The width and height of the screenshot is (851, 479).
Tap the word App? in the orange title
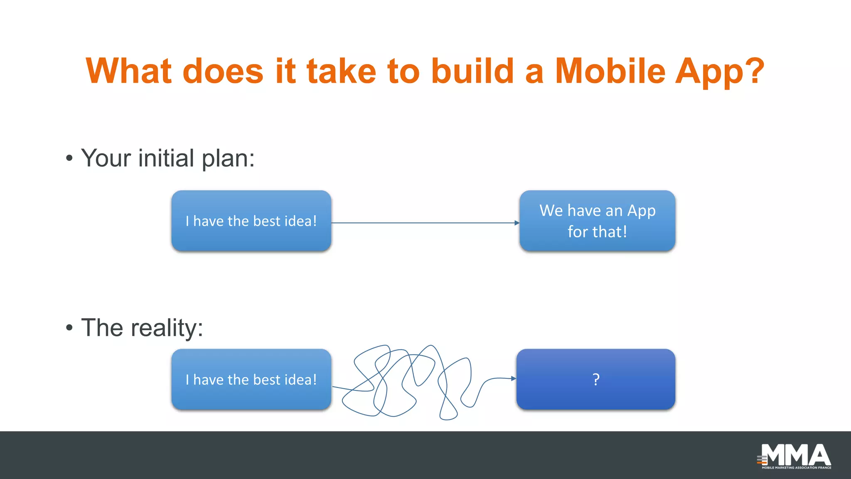pyautogui.click(x=719, y=72)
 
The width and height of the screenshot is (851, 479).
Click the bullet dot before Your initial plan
pyautogui.click(x=69, y=158)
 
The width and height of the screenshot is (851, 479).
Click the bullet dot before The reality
pyautogui.click(x=69, y=328)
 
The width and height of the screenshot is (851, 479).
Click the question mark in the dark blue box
pyautogui.click(x=596, y=379)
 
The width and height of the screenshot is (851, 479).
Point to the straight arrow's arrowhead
pyautogui.click(x=517, y=223)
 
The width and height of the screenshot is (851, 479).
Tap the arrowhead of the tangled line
pyautogui.click(x=514, y=378)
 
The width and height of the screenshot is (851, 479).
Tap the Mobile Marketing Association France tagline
pyautogui.click(x=796, y=468)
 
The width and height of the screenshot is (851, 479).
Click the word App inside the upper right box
pyautogui.click(x=641, y=211)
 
